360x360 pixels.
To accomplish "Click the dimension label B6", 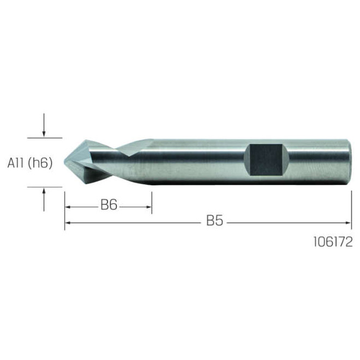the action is [x=109, y=205].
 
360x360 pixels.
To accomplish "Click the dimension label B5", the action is [x=215, y=220].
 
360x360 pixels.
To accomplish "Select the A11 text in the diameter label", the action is [x=16, y=163].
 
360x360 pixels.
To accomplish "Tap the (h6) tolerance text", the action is [x=40, y=163].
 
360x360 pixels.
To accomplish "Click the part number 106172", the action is [x=333, y=242].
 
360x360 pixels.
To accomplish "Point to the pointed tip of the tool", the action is [x=64, y=162].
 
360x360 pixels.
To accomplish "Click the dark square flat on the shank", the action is [x=266, y=160].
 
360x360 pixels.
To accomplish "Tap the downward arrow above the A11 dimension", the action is [x=44, y=125].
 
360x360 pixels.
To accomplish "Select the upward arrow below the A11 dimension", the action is [x=44, y=200].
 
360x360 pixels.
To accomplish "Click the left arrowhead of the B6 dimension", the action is [x=67, y=207].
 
